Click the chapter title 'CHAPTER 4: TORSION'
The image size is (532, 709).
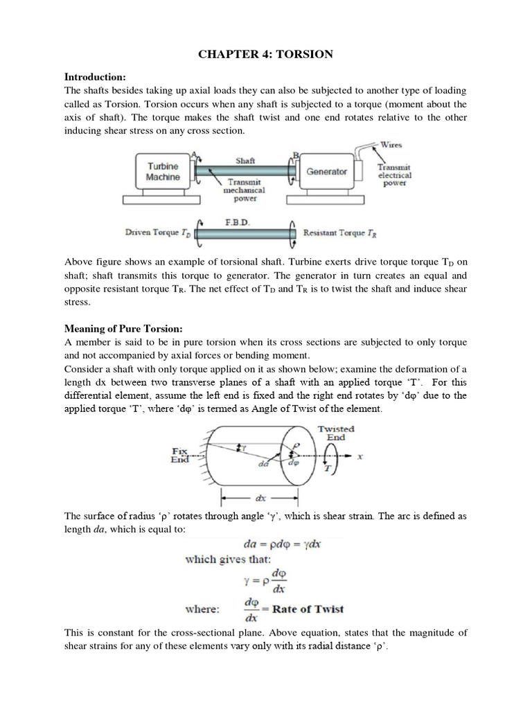click(x=266, y=54)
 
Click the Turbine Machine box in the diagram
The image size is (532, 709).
click(x=163, y=172)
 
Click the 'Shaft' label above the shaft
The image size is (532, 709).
click(x=245, y=160)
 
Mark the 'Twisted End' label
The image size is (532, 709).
click(x=336, y=433)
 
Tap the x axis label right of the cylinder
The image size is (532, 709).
click(x=360, y=457)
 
